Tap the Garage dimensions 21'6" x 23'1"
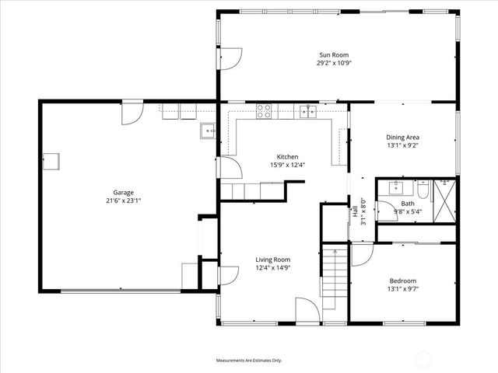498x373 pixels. tap(124, 200)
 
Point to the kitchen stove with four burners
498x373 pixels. tap(265, 110)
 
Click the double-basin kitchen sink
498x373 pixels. tap(309, 111)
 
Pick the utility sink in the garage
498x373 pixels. tap(208, 131)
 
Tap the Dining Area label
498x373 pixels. tap(402, 137)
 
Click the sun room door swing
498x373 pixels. tap(230, 58)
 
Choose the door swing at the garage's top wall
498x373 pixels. tap(132, 113)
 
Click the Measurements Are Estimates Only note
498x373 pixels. tap(248, 361)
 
